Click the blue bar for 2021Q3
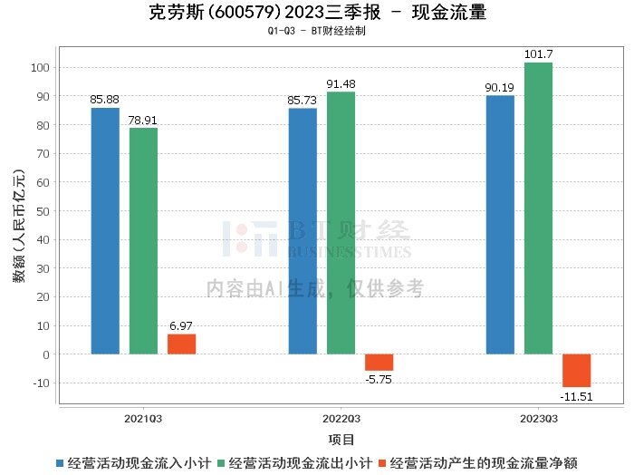click(105, 231)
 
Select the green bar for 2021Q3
click(143, 241)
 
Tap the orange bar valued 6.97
click(181, 344)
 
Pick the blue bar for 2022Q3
click(303, 231)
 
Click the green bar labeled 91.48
click(341, 223)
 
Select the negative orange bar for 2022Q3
click(379, 363)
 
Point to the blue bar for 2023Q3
click(500, 225)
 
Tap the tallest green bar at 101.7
click(538, 208)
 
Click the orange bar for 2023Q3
click(577, 371)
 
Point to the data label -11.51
click(576, 397)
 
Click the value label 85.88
click(104, 100)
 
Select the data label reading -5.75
click(379, 380)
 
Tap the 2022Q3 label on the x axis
click(341, 419)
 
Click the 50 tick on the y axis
click(43, 211)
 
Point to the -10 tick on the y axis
click(42, 383)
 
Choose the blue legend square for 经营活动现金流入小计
click(60, 463)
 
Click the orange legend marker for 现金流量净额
click(382, 463)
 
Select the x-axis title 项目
click(341, 440)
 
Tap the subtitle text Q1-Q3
click(282, 31)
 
